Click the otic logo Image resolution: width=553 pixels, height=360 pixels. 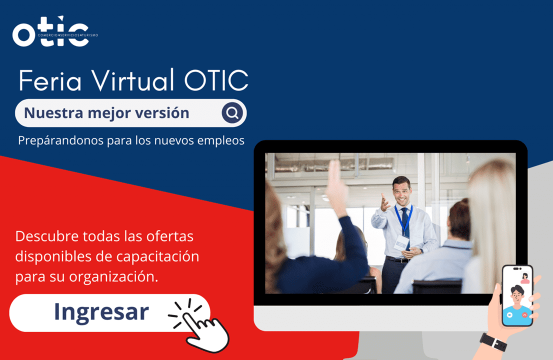tap(55, 31)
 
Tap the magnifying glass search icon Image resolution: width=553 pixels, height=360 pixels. tap(232, 113)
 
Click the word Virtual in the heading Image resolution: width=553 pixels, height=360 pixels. tap(133, 80)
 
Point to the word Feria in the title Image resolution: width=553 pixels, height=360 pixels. tap(49, 80)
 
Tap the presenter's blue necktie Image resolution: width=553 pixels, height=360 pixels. tap(405, 222)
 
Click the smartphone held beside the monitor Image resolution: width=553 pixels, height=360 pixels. tap(517, 295)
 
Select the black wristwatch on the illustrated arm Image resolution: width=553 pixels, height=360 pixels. tap(494, 342)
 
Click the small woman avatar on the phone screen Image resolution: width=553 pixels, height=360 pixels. tap(525, 278)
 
